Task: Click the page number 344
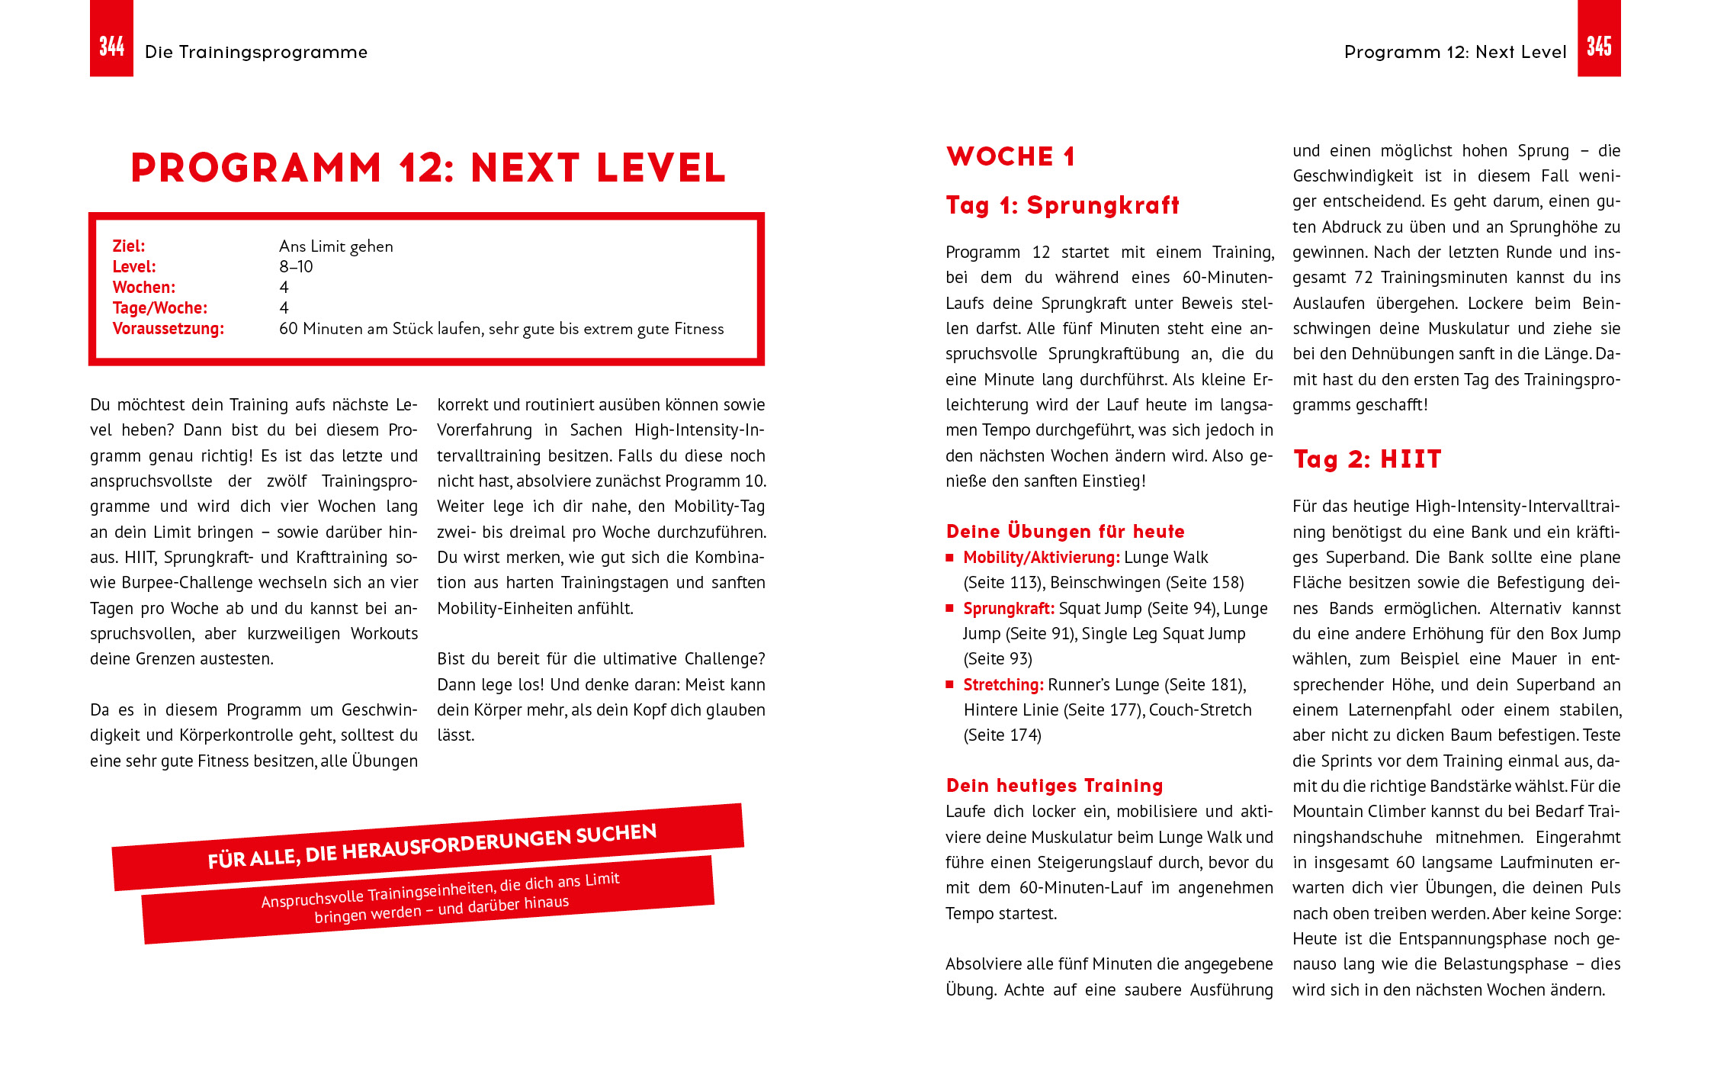pyautogui.click(x=111, y=47)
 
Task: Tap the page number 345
pyautogui.click(x=1599, y=47)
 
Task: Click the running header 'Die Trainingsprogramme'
pyautogui.click(x=255, y=52)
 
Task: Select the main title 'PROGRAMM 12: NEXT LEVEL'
pyautogui.click(x=428, y=168)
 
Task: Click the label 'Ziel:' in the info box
pyautogui.click(x=129, y=246)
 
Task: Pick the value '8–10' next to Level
pyautogui.click(x=296, y=266)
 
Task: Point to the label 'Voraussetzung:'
pyautogui.click(x=169, y=328)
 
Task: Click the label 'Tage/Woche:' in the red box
pyautogui.click(x=160, y=307)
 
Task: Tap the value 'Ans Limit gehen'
pyautogui.click(x=336, y=246)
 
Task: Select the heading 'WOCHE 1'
pyautogui.click(x=1010, y=156)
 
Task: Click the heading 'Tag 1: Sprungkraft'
pyautogui.click(x=1062, y=205)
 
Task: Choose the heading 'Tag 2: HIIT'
pyautogui.click(x=1367, y=459)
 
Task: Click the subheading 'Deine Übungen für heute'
pyautogui.click(x=1065, y=531)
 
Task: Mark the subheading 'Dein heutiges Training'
pyautogui.click(x=1055, y=785)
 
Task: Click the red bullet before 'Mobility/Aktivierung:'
pyautogui.click(x=950, y=558)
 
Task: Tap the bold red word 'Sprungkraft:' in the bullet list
pyautogui.click(x=1009, y=608)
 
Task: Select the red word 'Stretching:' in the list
pyautogui.click(x=1003, y=684)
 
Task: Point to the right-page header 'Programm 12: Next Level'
pyautogui.click(x=1455, y=52)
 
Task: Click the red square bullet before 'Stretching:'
pyautogui.click(x=950, y=684)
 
